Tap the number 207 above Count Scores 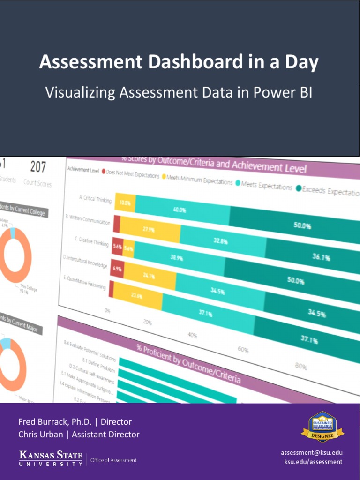pos(38,167)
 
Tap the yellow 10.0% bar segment pos(125,203)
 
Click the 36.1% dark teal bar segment pos(321,257)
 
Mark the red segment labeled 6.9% pos(117,270)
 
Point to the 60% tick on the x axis pos(243,349)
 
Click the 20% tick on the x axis pos(147,322)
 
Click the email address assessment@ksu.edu pos(311,452)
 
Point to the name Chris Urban pos(39,435)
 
